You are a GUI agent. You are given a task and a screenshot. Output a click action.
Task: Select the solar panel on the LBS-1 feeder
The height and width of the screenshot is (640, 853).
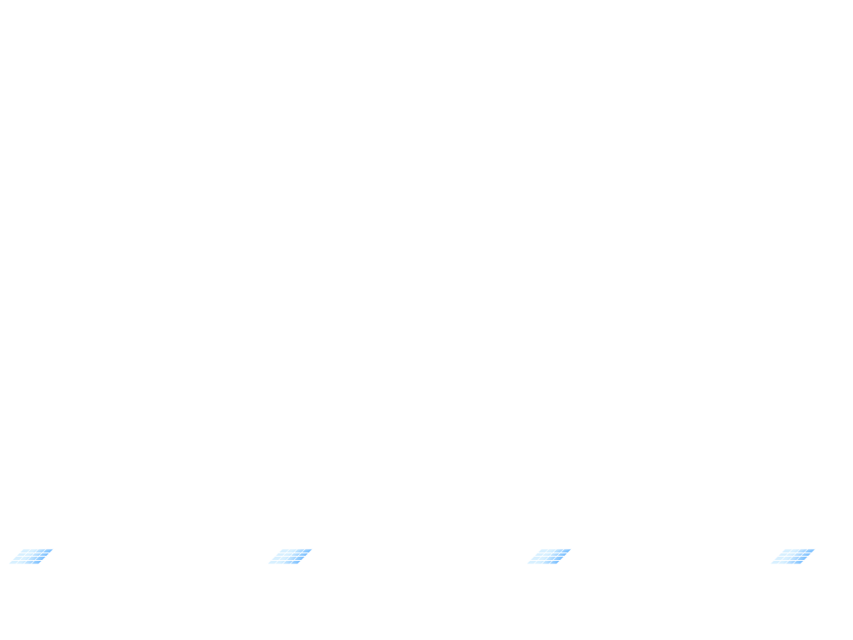31,556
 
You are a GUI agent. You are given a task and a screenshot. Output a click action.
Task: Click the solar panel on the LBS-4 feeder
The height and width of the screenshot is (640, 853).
793,556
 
